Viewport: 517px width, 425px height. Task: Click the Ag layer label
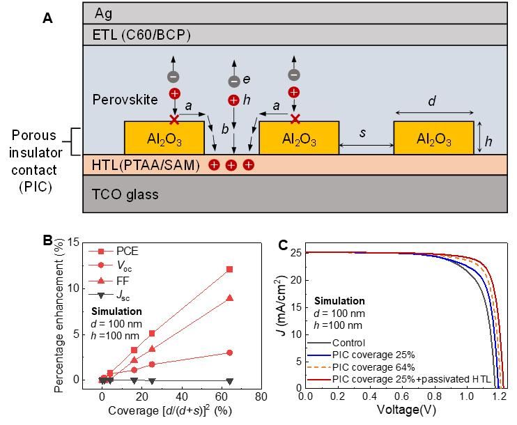point(104,13)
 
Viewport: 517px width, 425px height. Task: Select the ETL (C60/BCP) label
point(141,34)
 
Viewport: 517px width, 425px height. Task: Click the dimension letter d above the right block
point(432,102)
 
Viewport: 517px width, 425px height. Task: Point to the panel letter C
point(283,245)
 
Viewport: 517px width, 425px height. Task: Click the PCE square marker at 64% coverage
point(230,269)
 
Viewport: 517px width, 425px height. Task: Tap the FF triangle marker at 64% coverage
point(230,298)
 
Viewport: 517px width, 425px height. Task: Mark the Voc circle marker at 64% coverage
point(230,353)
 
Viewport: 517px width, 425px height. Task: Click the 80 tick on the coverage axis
point(261,396)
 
